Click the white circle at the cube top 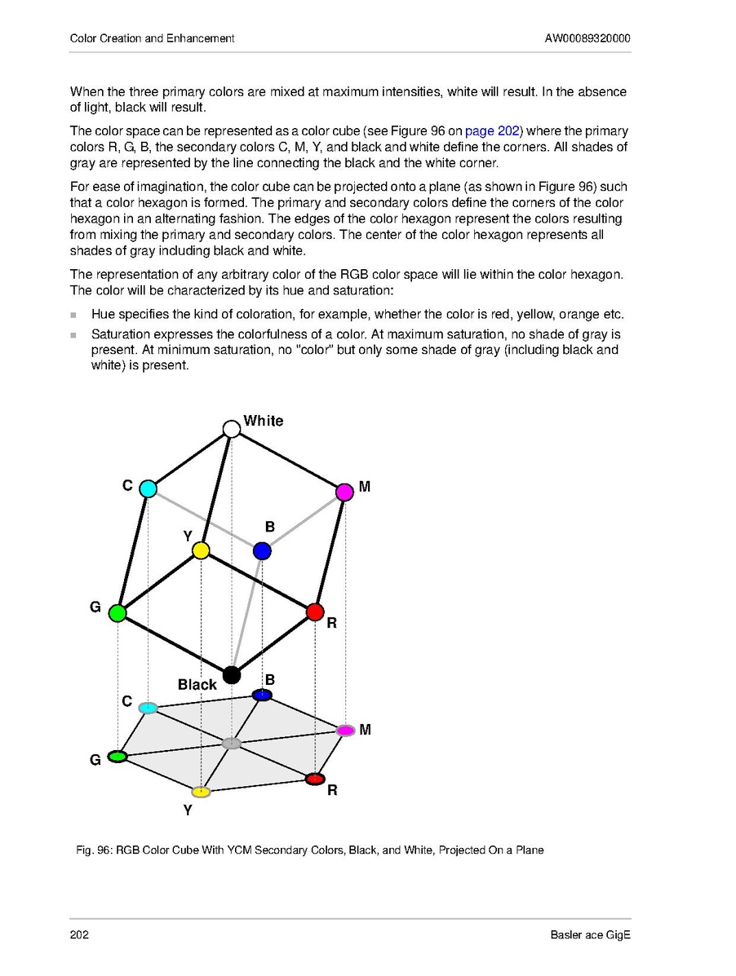tap(232, 429)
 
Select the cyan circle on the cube tap(148, 489)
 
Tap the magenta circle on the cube tap(344, 492)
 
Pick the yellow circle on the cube tap(201, 551)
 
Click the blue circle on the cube tap(262, 551)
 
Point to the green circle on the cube tap(117, 613)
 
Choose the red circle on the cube tap(315, 612)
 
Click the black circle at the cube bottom tap(232, 675)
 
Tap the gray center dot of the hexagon tap(232, 744)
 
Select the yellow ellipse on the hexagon tap(201, 792)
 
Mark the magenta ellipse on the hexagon tap(345, 730)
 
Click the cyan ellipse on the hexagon tap(148, 708)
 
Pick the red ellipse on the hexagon tap(315, 779)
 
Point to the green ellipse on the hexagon tap(117, 757)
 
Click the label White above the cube tap(264, 421)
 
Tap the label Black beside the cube tap(197, 685)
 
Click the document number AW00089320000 tap(587, 38)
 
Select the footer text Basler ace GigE tap(591, 935)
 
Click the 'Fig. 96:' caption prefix tap(94, 850)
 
